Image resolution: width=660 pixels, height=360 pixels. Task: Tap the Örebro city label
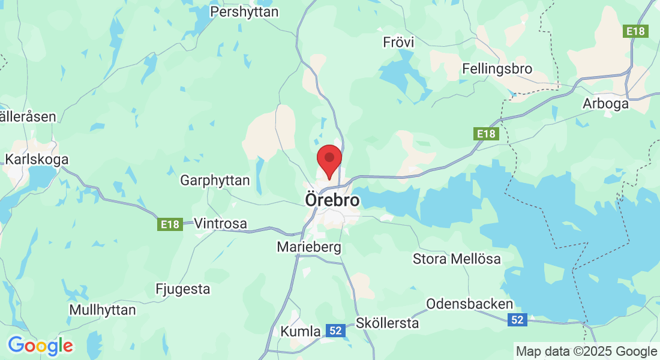(x=332, y=200)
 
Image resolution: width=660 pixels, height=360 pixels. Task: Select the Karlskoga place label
(x=37, y=160)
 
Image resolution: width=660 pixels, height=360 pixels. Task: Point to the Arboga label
(x=605, y=104)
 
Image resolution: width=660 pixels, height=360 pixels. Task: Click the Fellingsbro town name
(x=497, y=69)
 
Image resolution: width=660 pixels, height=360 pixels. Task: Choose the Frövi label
(x=398, y=43)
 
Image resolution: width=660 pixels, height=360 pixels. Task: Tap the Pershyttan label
(x=244, y=11)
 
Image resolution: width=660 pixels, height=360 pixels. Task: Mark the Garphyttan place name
(x=214, y=180)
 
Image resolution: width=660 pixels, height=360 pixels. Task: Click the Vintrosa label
(x=220, y=224)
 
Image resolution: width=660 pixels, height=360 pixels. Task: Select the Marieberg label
(x=309, y=247)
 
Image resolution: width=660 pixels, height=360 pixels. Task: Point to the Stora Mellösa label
(x=457, y=259)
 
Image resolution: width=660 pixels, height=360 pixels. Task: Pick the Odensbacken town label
(x=470, y=304)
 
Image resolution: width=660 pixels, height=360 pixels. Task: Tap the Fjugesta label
(x=183, y=289)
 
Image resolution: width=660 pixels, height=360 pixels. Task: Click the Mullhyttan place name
(x=103, y=310)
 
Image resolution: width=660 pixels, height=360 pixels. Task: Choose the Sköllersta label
(x=387, y=323)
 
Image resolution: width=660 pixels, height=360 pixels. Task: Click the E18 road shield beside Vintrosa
(x=170, y=224)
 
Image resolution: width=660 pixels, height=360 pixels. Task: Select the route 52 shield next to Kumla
(x=336, y=330)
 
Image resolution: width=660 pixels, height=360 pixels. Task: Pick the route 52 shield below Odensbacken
(x=517, y=320)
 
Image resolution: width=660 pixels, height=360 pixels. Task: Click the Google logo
(x=40, y=346)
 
